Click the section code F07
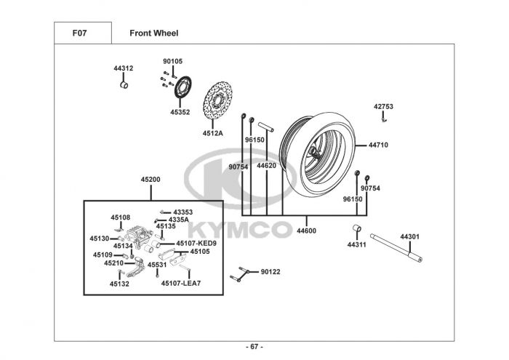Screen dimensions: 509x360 coord(79,33)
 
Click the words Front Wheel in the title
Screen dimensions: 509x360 coord(154,33)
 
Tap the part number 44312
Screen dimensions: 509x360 coord(124,68)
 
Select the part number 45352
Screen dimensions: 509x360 coord(180,112)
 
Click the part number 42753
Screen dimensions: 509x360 coord(383,106)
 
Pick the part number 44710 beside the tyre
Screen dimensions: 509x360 coord(378,145)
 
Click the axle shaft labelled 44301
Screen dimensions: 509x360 coord(396,248)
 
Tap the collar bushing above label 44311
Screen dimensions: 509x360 coord(357,228)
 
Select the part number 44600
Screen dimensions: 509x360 coord(306,231)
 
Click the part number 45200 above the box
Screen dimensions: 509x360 coord(151,180)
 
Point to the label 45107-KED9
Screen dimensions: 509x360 coord(196,244)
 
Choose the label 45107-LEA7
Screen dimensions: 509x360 coord(181,284)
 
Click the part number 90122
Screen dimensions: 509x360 coord(270,272)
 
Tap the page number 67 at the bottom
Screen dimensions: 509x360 coord(254,347)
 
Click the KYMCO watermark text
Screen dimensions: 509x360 coord(241,230)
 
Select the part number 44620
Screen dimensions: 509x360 coord(267,166)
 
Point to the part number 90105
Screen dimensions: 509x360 coord(173,61)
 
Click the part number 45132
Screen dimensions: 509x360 coord(119,284)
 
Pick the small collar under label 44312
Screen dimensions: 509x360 coord(124,85)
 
